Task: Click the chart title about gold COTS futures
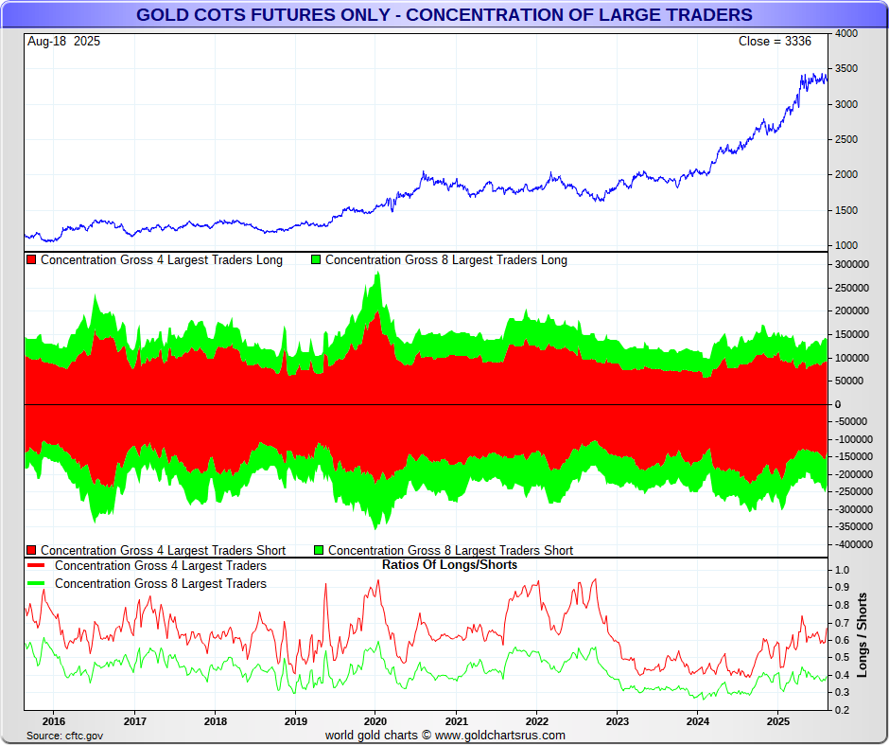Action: point(444,15)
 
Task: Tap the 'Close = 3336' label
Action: point(775,42)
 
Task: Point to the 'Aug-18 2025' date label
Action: point(63,42)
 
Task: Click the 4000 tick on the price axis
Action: point(846,33)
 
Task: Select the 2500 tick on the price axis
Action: point(846,139)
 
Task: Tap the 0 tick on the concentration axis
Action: point(837,404)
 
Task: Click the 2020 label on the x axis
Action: point(375,720)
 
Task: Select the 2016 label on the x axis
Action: point(54,720)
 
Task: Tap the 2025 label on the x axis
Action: point(777,720)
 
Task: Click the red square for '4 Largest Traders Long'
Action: point(31,259)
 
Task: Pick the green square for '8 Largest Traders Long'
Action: point(316,259)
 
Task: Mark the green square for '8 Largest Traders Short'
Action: point(319,550)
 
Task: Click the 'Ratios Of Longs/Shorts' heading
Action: point(449,565)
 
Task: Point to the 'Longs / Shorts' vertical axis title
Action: point(863,634)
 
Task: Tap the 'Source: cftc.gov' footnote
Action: point(64,736)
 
